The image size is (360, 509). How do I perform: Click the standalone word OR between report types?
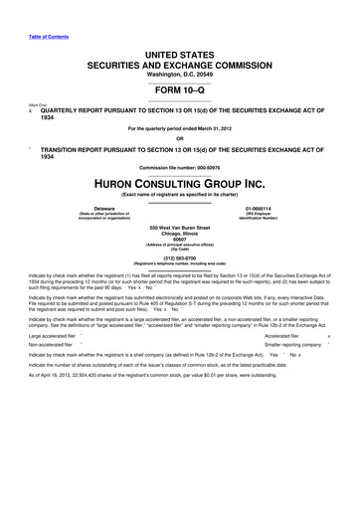point(179,137)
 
